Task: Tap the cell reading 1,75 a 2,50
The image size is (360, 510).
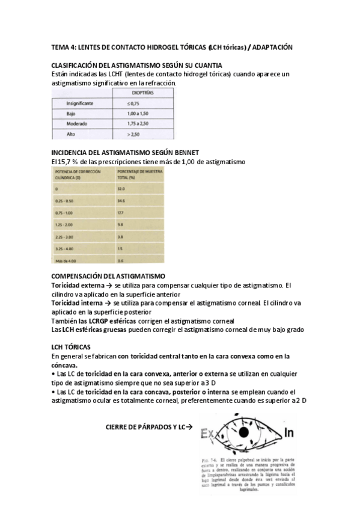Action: pyautogui.click(x=140, y=123)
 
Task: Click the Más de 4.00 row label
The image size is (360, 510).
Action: pyautogui.click(x=65, y=260)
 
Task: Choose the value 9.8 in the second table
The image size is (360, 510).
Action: pyautogui.click(x=121, y=224)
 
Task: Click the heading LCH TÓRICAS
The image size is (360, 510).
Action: pyautogui.click(x=72, y=348)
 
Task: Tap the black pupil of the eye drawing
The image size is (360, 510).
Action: pyautogui.click(x=244, y=432)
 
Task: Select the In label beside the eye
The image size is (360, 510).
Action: pyautogui.click(x=288, y=432)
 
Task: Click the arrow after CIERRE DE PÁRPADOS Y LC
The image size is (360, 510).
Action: pyautogui.click(x=189, y=427)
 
